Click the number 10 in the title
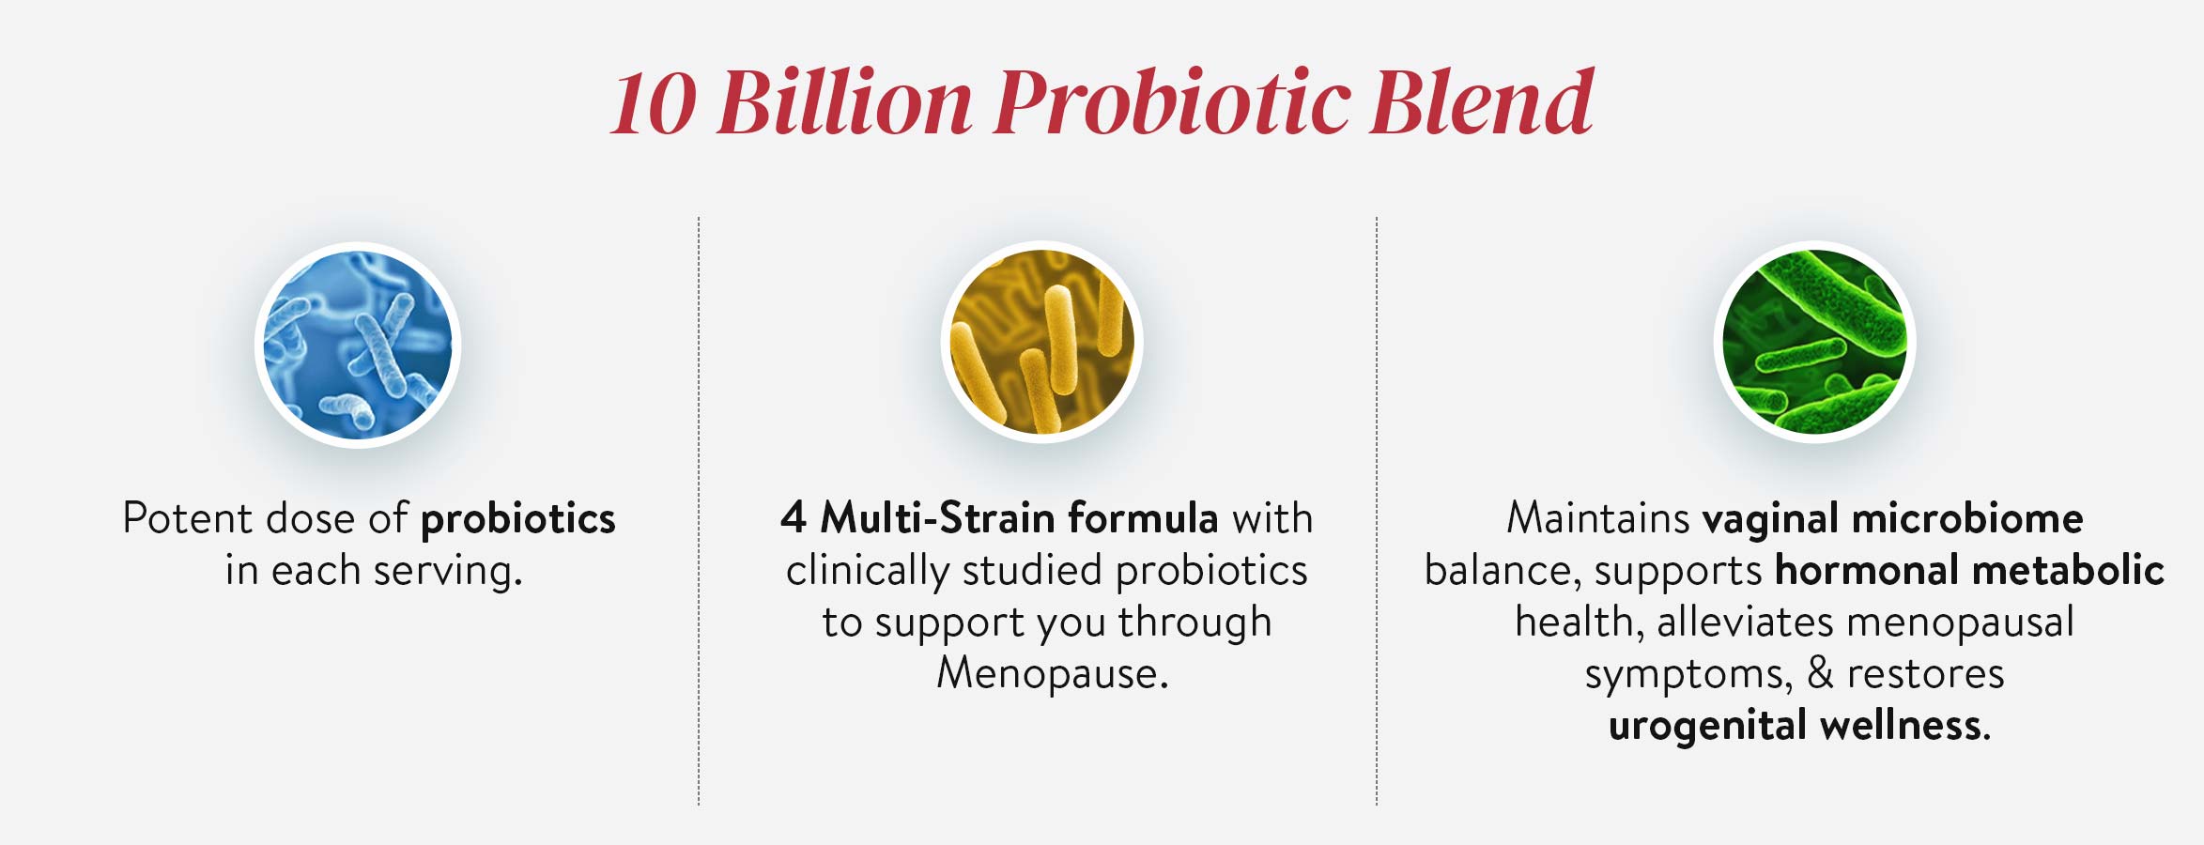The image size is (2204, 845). (x=655, y=103)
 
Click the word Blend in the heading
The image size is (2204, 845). (x=1482, y=101)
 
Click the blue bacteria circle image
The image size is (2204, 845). (x=358, y=345)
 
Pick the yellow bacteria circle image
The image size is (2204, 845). (x=1042, y=342)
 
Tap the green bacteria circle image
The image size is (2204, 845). (x=1815, y=342)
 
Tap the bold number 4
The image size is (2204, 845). (x=794, y=517)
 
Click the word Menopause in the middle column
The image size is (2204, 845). (x=1053, y=673)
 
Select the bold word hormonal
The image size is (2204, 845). (x=1865, y=570)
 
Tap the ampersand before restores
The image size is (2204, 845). (x=1820, y=673)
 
